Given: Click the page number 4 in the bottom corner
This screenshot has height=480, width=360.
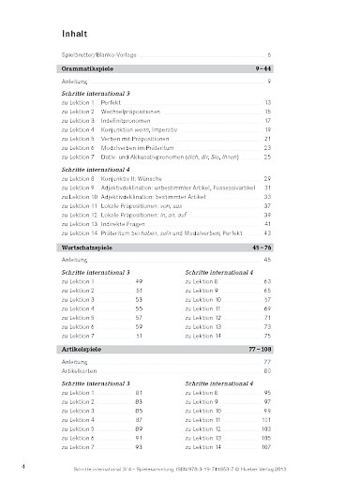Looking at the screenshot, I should point(21,465).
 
